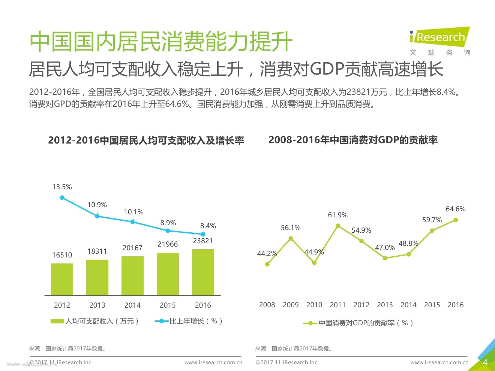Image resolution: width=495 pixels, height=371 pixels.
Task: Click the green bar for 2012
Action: point(62,279)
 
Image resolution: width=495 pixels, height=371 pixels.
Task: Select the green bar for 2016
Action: point(203,272)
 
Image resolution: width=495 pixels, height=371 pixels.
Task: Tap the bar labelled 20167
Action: point(132,276)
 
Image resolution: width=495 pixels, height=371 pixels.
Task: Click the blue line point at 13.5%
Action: point(62,197)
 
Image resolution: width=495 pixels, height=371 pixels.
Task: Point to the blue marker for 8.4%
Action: point(203,234)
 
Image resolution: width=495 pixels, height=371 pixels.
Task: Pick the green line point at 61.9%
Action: point(338,226)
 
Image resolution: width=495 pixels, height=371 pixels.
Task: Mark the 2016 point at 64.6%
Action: point(456,220)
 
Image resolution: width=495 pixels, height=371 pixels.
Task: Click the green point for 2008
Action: point(267,264)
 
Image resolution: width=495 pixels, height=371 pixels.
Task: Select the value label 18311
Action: point(97,251)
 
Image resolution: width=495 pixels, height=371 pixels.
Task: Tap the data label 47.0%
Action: point(385,247)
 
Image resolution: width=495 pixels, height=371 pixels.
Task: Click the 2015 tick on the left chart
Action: point(168,305)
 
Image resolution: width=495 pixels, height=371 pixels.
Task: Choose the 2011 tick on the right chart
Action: point(337,305)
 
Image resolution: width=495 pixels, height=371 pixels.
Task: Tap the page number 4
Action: point(485,362)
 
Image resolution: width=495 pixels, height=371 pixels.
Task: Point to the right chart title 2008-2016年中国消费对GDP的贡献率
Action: point(353,140)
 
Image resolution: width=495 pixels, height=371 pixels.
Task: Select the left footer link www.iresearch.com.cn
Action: point(213,362)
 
